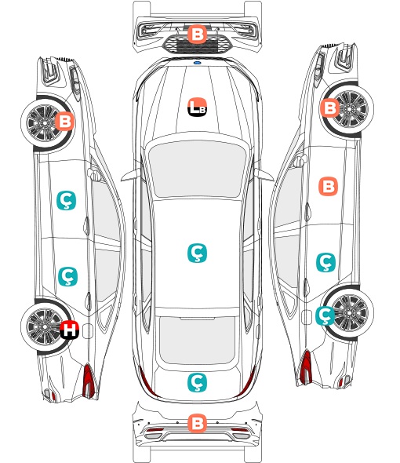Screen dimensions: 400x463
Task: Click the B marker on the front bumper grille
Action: (197, 35)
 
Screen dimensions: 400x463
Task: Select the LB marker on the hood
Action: (197, 107)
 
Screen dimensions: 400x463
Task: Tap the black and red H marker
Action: (70, 330)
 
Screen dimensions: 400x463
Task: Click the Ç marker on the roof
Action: (197, 253)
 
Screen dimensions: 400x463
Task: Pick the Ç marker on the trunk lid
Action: (197, 382)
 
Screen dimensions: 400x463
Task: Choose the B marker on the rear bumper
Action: (197, 423)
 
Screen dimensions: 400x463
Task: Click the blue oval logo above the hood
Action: (197, 63)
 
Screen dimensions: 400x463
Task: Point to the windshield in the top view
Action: (197, 169)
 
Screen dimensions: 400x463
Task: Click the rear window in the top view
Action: (197, 341)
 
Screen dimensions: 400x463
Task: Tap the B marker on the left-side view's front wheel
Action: (65, 121)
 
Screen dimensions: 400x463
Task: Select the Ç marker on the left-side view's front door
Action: (66, 200)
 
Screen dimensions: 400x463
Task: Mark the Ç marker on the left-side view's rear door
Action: (68, 277)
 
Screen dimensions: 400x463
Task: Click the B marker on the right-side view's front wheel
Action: (329, 108)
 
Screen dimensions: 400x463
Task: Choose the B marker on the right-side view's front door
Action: (329, 186)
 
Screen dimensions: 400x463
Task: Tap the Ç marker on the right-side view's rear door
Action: (326, 262)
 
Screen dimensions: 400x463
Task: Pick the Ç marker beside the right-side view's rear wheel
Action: (325, 315)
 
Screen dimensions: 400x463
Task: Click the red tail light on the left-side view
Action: (89, 381)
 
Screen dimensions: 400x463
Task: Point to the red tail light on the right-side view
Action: (306, 367)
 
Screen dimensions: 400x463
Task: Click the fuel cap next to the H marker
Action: (87, 330)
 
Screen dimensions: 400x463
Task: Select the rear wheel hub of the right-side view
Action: (350, 312)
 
